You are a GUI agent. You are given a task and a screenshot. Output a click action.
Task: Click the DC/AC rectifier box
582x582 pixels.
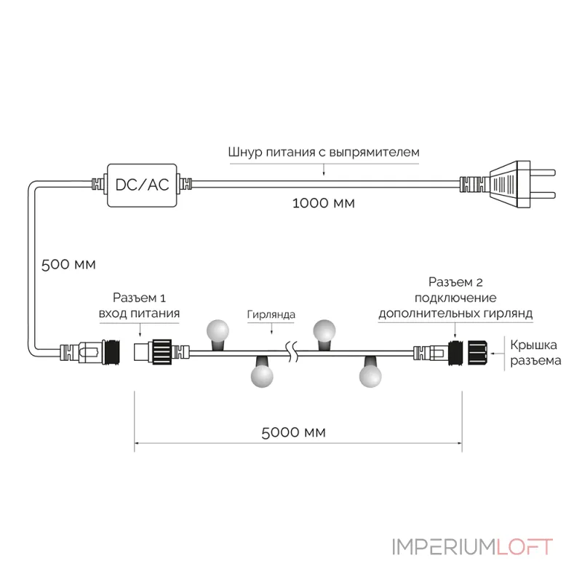coord(142,186)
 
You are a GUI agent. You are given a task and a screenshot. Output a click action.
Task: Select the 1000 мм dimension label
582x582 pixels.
coord(323,203)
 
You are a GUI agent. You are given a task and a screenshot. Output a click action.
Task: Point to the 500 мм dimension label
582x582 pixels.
coord(68,265)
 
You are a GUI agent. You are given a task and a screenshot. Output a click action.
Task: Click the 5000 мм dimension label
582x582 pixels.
coord(293,432)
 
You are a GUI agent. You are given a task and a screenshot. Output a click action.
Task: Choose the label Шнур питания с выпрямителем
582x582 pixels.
coord(324,152)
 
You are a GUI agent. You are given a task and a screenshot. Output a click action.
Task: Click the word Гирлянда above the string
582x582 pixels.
coord(271,315)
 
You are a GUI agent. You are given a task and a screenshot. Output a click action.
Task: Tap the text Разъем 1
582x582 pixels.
coord(139,298)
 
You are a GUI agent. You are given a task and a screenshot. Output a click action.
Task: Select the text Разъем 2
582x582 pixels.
coord(455,282)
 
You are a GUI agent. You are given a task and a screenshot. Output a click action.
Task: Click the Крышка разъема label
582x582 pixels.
coord(535,353)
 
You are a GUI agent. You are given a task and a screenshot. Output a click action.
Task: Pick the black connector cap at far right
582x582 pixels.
coord(477,352)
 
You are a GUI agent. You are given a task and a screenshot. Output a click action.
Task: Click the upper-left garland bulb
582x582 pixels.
coord(218,332)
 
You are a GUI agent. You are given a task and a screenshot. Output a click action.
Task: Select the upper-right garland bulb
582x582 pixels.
coord(324,332)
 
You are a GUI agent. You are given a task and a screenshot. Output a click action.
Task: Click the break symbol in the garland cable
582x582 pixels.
coord(292,353)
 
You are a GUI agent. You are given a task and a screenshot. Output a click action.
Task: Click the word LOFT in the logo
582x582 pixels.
coord(525,547)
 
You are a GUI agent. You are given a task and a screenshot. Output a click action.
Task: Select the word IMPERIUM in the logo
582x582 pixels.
coord(445,547)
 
